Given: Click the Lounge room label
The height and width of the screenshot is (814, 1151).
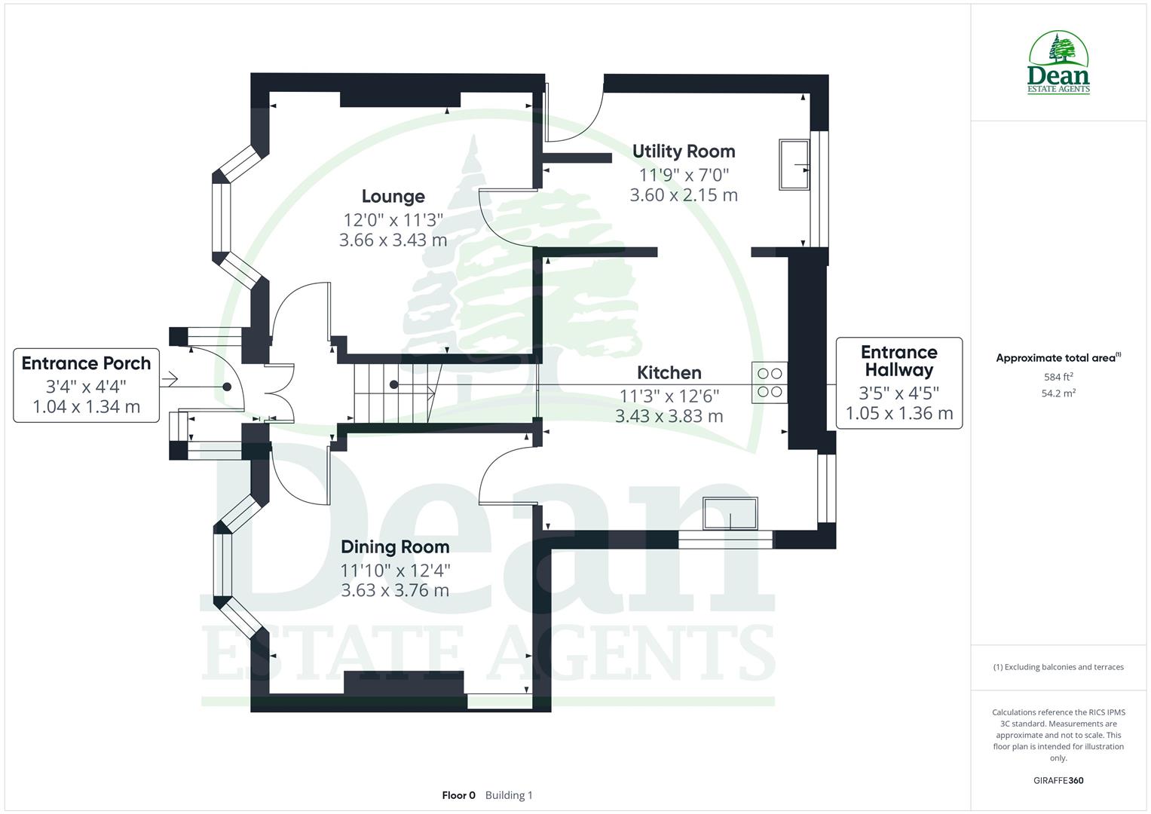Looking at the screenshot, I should coord(393,197).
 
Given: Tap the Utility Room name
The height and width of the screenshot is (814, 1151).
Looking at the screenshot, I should coord(683,151).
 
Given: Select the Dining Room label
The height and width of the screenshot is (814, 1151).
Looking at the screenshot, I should coord(394,547).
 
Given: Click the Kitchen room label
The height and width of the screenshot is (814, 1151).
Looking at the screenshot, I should coord(669,372).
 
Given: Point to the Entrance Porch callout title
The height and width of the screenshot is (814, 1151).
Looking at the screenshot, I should coord(86,363).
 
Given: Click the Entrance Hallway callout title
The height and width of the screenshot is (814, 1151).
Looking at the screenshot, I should coord(898,361).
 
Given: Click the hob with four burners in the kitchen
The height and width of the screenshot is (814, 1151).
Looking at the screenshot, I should coord(769,382).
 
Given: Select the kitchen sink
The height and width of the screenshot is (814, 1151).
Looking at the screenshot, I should coord(730,514).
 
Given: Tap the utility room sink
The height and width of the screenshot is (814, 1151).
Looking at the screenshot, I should coord(794,164).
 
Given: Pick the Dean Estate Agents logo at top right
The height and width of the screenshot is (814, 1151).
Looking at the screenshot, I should coord(1058,63).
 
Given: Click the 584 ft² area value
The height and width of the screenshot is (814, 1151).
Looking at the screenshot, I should coord(1058,377).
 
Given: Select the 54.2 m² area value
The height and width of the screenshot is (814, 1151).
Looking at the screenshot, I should coord(1058,393).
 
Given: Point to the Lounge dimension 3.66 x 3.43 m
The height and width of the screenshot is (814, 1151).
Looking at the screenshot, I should coord(393,240).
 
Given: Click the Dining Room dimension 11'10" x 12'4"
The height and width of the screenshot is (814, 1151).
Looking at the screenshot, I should coord(394,571).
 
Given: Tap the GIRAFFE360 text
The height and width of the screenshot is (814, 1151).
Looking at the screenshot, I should coord(1058,780).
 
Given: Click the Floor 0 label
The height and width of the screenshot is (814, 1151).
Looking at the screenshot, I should coord(458,795).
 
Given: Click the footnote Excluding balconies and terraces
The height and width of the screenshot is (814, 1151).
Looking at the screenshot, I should coord(1058,667).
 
